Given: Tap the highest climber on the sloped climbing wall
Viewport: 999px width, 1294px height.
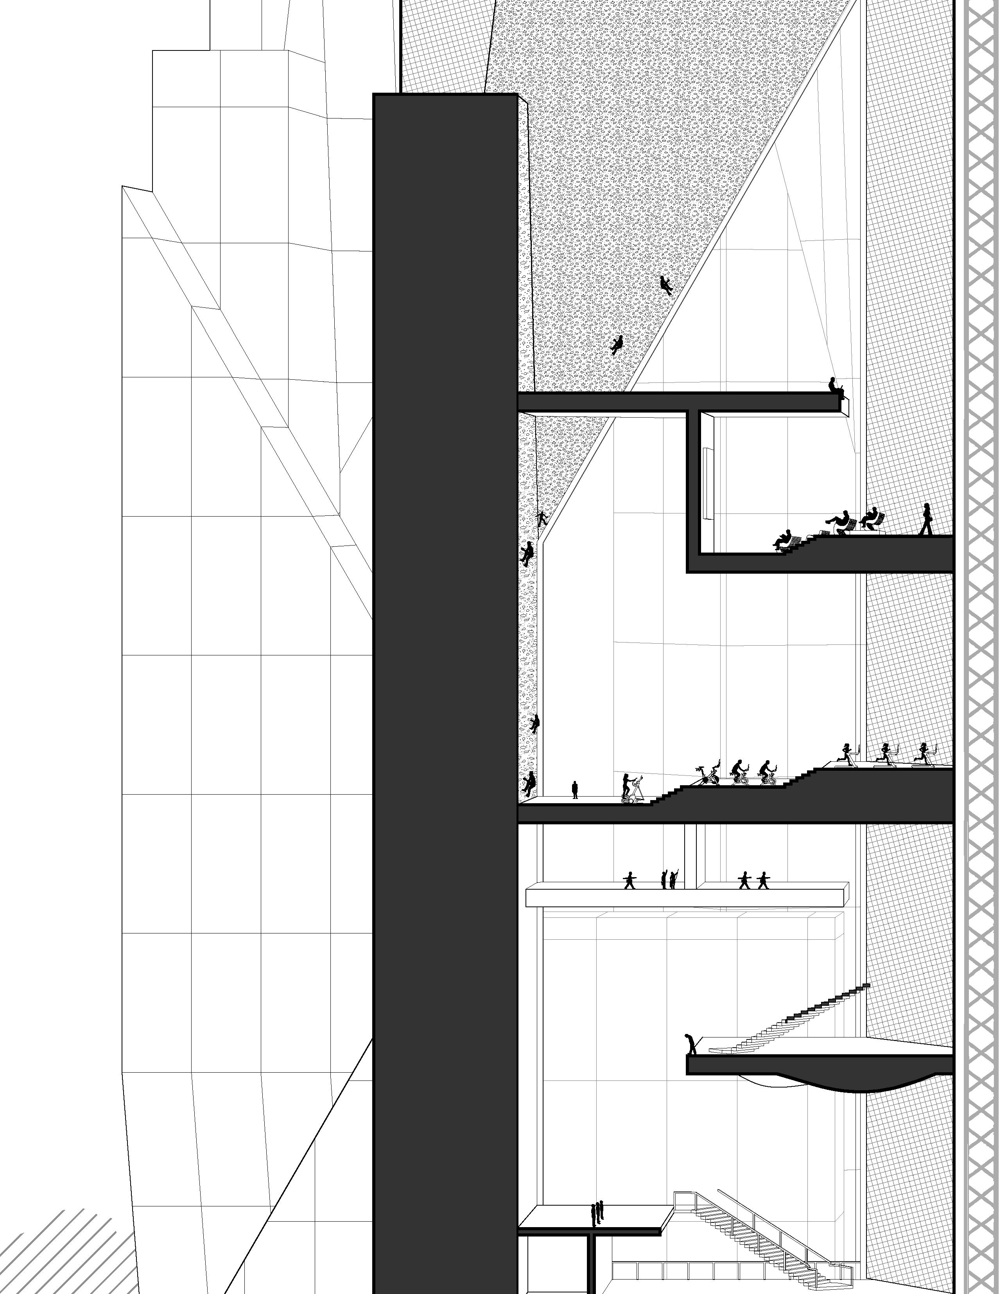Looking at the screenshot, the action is [665, 285].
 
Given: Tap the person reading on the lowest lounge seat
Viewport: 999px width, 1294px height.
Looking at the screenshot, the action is [783, 539].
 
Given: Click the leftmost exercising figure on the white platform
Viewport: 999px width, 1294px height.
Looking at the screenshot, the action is [629, 880].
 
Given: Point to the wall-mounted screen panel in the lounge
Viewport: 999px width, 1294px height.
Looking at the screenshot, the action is [707, 483].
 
